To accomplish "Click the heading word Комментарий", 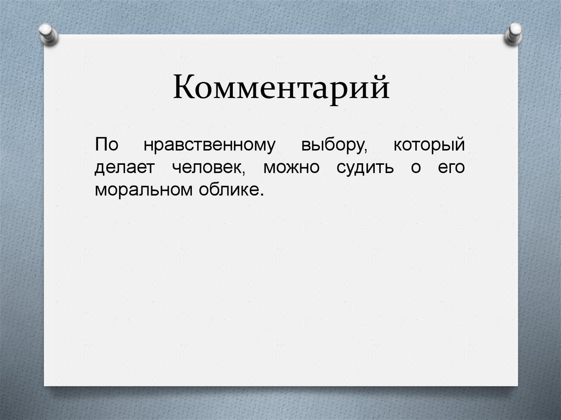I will [282, 88].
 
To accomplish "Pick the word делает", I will [127, 168].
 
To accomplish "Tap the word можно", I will [290, 168].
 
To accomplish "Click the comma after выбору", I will [364, 152].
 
